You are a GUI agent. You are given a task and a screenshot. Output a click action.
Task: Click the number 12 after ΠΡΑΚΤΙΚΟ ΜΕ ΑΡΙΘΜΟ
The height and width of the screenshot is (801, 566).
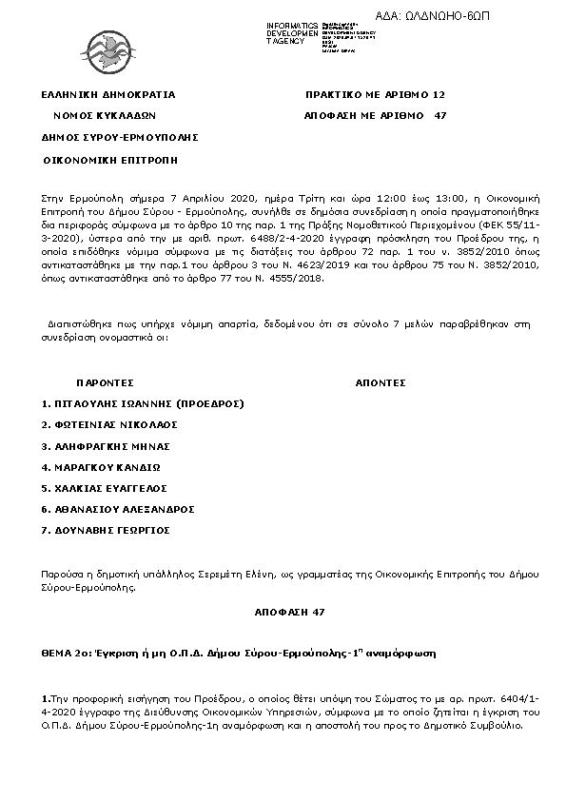(439, 95)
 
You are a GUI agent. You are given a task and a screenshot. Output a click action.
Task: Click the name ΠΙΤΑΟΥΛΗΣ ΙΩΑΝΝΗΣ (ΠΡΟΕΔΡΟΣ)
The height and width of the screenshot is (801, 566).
(144, 403)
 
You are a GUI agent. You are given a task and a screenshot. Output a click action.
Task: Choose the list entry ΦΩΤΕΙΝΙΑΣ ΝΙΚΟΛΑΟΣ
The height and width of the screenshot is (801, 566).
(110, 424)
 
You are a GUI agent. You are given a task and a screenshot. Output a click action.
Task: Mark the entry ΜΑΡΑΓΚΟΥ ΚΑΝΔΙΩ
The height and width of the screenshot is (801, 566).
(101, 467)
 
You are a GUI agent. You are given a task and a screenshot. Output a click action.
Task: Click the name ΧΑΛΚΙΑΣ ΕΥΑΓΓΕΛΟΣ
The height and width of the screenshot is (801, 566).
(106, 488)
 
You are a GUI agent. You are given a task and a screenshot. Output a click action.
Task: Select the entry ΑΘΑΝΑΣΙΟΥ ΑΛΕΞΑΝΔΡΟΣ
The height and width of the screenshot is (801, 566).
(118, 509)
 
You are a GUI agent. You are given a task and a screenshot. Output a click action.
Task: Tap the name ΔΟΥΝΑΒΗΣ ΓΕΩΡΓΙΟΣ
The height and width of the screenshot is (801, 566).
(106, 530)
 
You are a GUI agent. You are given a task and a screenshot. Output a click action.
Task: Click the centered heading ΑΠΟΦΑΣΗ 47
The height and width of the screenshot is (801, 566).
(283, 612)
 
